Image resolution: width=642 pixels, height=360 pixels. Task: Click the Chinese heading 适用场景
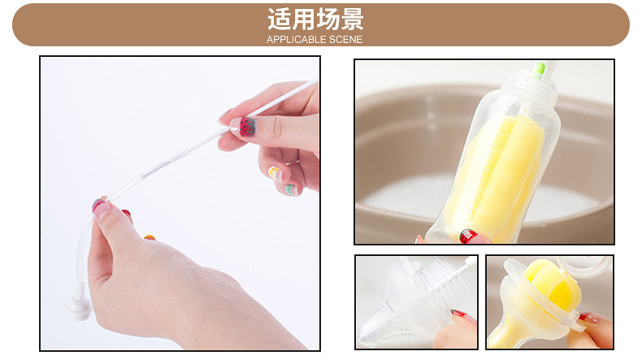[315, 20]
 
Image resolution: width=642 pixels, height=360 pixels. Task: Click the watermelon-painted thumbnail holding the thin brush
[246, 127]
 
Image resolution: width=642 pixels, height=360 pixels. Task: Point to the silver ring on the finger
[293, 163]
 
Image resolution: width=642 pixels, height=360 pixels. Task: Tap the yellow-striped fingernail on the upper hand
[275, 173]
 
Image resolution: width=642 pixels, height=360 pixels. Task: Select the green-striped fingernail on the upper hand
[292, 189]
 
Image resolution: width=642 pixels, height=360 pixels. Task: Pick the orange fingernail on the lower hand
[150, 237]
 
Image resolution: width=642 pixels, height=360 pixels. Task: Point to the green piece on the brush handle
[539, 71]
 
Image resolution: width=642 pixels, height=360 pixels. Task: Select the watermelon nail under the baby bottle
[468, 236]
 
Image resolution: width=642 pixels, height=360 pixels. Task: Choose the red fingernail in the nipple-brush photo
[458, 314]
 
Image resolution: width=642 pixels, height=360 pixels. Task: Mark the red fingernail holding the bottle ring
[585, 318]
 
